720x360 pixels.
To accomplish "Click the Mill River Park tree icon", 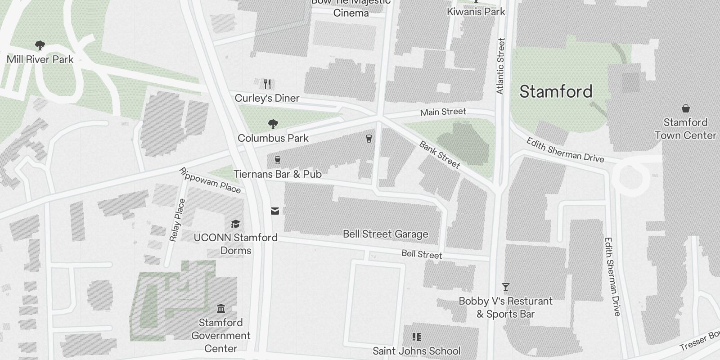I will pos(40,45).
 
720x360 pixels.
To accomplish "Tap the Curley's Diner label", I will pos(267,98).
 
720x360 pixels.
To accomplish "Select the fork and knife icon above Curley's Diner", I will pos(267,84).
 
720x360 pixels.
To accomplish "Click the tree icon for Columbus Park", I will pos(273,124).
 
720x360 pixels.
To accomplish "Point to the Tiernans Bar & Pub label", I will pos(277,174).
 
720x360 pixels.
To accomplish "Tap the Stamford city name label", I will pos(556,92).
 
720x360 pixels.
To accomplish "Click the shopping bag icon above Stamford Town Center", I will pos(685,108).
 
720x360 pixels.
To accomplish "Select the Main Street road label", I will pos(443,112).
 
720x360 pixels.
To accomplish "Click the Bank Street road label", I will pos(440,154).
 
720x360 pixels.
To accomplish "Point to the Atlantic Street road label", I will pos(500,66).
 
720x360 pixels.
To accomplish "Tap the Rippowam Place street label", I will pos(210,180).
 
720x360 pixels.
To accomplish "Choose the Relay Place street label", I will pos(177,220).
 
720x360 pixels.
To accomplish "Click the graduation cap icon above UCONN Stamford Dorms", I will pos(235,224).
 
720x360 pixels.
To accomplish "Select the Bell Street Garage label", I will pos(385,234).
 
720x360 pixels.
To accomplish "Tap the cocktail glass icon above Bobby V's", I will pos(506,287).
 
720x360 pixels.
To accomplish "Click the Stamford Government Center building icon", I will pos(220,309).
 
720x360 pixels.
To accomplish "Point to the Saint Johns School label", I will pos(416,351).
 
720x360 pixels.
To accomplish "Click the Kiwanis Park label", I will pos(476,12).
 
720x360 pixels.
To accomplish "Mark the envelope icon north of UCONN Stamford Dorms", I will pos(275,211).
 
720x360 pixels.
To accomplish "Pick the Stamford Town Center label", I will pos(685,129).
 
